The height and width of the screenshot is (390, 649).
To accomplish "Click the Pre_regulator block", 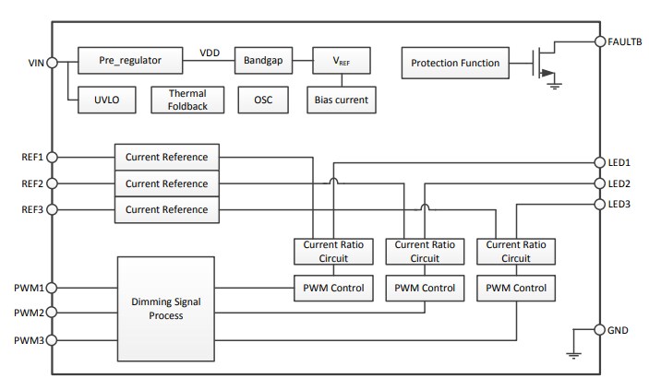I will click(130, 60).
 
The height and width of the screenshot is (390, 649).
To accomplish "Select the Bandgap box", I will click(263, 60).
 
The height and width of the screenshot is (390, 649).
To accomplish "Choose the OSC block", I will click(262, 100).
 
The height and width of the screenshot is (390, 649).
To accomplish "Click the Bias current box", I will click(342, 100).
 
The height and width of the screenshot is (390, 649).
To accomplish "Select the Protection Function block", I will click(454, 63).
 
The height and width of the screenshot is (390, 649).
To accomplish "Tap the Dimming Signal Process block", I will click(165, 308).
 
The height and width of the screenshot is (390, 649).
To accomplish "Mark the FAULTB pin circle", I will click(599, 41).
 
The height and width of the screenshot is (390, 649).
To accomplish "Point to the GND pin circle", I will click(599, 329).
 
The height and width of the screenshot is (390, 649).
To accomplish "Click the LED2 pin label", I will click(619, 183).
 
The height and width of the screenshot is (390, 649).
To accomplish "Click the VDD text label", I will click(211, 53).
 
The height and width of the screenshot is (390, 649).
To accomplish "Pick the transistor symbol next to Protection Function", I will click(544, 63).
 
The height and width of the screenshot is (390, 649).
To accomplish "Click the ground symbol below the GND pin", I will click(573, 353).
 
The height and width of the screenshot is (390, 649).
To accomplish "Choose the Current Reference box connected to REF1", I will click(167, 157).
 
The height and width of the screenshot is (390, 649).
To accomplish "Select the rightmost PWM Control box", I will click(515, 288).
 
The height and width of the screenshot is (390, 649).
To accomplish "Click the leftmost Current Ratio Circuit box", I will click(333, 251).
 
